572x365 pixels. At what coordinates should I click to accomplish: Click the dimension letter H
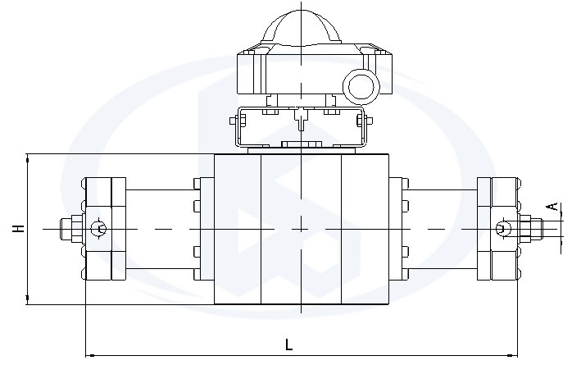[18, 229]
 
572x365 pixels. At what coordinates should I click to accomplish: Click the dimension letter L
[288, 344]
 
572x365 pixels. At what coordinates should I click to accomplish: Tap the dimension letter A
[553, 206]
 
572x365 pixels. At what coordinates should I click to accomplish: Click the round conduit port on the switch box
[361, 86]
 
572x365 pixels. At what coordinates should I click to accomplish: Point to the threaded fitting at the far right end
[531, 229]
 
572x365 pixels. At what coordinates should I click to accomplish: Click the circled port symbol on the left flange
[98, 229]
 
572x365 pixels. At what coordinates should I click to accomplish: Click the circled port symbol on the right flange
[503, 229]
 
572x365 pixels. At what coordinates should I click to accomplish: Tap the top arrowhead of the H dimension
[27, 158]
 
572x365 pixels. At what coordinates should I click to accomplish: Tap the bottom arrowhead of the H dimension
[27, 300]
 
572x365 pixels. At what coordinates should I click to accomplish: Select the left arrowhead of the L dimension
[90, 354]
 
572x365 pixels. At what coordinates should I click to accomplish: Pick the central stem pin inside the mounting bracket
[301, 119]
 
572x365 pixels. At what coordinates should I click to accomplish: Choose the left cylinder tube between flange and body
[163, 229]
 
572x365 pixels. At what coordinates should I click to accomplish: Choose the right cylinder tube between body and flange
[440, 229]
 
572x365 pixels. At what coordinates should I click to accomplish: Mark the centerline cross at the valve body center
[301, 229]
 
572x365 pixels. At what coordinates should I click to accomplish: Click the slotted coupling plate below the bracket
[301, 144]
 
